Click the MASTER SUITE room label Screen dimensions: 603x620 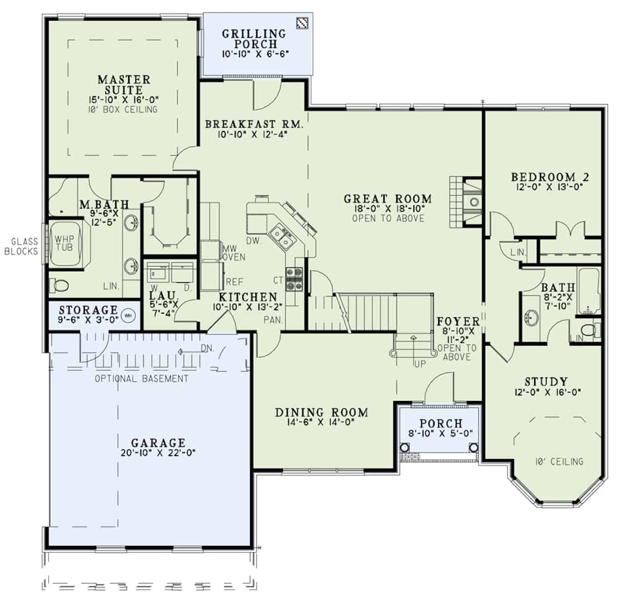pyautogui.click(x=124, y=85)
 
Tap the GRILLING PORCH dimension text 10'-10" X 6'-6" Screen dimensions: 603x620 pyautogui.click(x=255, y=54)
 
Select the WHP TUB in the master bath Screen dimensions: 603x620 pyautogui.click(x=65, y=243)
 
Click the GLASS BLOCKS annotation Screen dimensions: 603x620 pyautogui.click(x=22, y=246)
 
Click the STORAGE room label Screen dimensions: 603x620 pyautogui.click(x=88, y=310)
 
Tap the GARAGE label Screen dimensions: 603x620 pyautogui.click(x=158, y=443)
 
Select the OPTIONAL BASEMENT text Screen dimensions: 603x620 pyautogui.click(x=142, y=379)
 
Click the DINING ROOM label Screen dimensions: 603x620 pyautogui.click(x=321, y=412)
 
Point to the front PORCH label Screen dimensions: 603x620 pyautogui.click(x=441, y=423)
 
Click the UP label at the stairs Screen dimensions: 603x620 pyautogui.click(x=420, y=364)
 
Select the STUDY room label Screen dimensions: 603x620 pyautogui.click(x=546, y=382)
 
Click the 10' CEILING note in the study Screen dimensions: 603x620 pyautogui.click(x=560, y=461)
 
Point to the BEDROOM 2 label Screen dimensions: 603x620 pyautogui.click(x=550, y=177)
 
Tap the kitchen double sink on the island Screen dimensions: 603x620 pyautogui.click(x=282, y=238)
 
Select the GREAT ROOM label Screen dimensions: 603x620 pyautogui.click(x=388, y=199)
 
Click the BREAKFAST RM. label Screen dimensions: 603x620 pyautogui.click(x=254, y=125)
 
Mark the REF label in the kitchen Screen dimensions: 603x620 pyautogui.click(x=234, y=282)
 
